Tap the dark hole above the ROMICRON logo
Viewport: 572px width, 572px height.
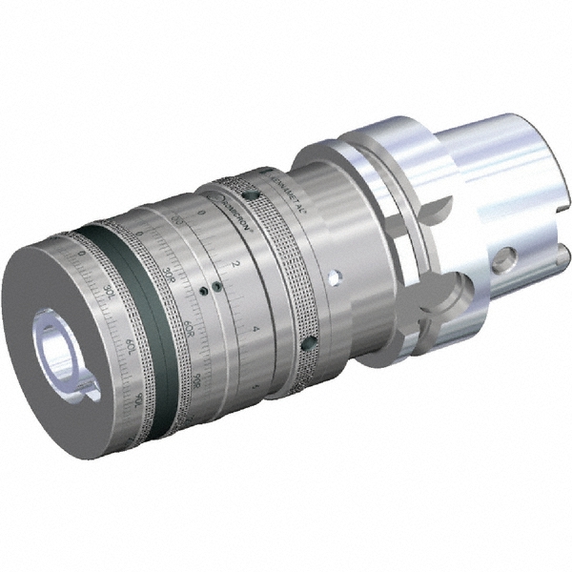point(249,194)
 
